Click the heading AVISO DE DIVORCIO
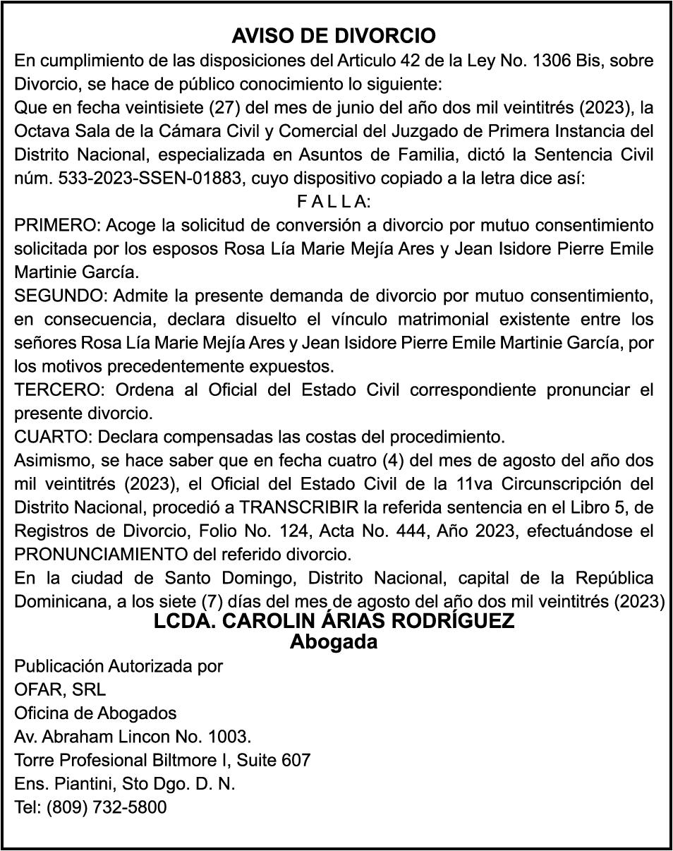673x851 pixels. (334, 36)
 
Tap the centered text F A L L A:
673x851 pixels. (334, 203)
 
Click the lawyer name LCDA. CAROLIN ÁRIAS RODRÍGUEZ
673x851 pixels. (334, 622)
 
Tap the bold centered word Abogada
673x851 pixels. (334, 642)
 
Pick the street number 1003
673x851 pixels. (229, 737)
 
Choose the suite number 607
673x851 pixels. (296, 761)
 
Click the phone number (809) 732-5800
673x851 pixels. (107, 807)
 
